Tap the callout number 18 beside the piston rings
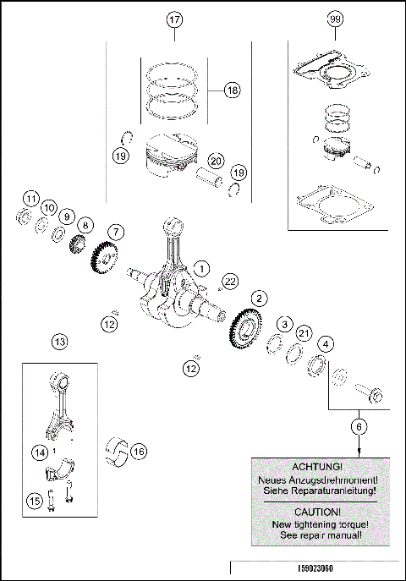click(x=233, y=89)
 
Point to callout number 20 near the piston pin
click(x=216, y=160)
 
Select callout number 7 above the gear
click(x=115, y=231)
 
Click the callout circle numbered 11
click(x=30, y=200)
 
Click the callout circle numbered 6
click(x=359, y=428)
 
